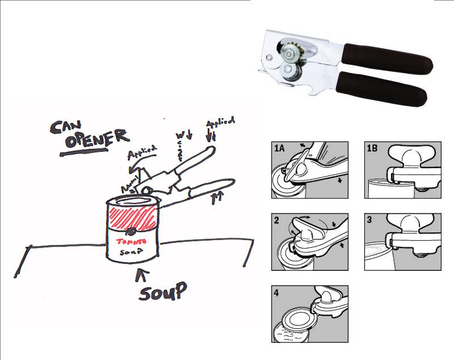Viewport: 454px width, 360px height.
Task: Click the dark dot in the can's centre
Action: pos(132,231)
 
